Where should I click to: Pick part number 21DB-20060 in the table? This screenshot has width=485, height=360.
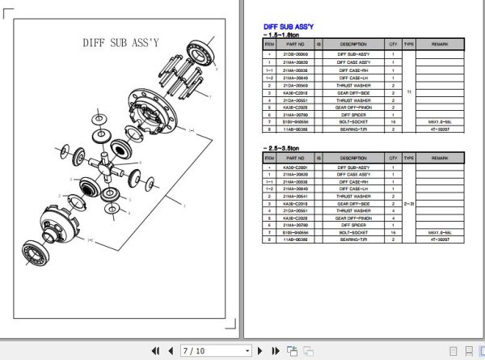pyautogui.click(x=294, y=54)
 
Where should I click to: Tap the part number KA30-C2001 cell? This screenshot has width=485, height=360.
pyautogui.click(x=294, y=167)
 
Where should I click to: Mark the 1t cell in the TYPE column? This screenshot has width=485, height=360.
pyautogui.click(x=409, y=92)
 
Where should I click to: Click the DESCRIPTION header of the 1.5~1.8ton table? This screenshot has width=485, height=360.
pyautogui.click(x=353, y=44)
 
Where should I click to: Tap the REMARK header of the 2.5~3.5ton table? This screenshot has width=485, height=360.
pyautogui.click(x=440, y=158)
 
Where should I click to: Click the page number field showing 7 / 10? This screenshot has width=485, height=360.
pyautogui.click(x=213, y=350)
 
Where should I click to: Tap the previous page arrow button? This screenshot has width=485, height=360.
pyautogui.click(x=170, y=350)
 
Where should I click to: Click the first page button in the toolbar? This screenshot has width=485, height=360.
pyautogui.click(x=155, y=350)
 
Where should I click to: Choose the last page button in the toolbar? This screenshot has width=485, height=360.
pyautogui.click(x=274, y=350)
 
